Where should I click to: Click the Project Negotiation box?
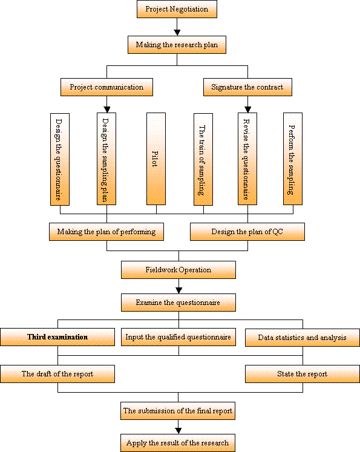tap(177, 9)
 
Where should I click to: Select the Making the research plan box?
tap(177, 45)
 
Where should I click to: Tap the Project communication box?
tap(106, 87)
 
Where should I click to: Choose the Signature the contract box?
tap(247, 87)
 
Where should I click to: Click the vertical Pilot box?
tap(156, 159)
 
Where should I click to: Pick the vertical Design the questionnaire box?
tap(60, 159)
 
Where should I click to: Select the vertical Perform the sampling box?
tap(293, 159)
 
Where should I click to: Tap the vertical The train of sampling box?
tap(203, 159)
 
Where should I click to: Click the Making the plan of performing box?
tap(106, 232)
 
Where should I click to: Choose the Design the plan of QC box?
tap(247, 232)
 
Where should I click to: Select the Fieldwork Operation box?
tap(178, 270)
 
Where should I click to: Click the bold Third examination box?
tap(57, 337)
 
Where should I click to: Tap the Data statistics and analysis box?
tap(303, 338)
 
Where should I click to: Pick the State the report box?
tap(303, 374)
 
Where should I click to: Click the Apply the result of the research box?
tap(177, 443)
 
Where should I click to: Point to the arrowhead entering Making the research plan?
tap(177, 33)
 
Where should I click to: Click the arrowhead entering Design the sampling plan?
tap(107, 110)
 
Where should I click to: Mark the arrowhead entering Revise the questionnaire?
tap(247, 110)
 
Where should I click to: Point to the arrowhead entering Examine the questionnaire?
tap(178, 290)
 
